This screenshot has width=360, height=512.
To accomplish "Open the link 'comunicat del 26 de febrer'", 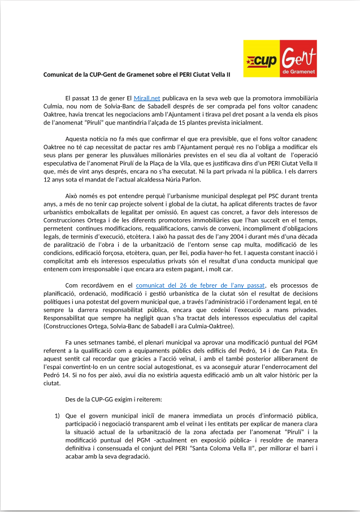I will (x=196, y=287).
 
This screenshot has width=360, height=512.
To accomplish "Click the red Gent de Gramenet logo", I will (x=297, y=59).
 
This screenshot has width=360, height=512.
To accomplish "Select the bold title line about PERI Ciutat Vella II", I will (x=137, y=74).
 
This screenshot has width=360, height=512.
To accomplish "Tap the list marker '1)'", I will (x=58, y=416).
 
